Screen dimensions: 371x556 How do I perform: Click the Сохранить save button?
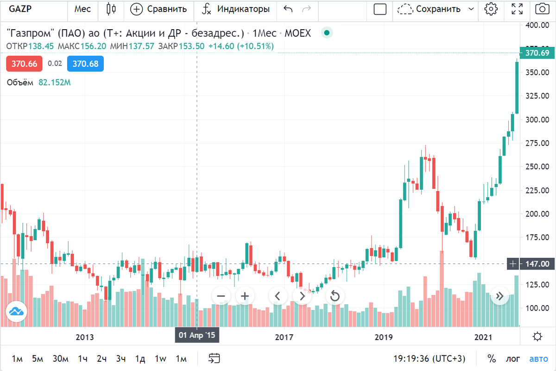tap(438, 9)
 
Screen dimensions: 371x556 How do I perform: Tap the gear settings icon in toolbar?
tap(491, 9)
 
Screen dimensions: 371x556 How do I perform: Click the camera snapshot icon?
tap(541, 9)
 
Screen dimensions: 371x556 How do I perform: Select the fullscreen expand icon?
tap(517, 9)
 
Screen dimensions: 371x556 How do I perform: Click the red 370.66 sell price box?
tap(24, 64)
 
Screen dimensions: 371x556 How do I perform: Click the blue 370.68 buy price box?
tap(85, 64)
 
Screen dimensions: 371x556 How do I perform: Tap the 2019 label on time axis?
tap(383, 337)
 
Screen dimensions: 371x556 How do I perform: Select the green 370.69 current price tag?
tap(537, 53)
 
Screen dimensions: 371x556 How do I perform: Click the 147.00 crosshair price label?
tap(537, 264)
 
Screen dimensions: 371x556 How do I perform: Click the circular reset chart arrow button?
tap(335, 296)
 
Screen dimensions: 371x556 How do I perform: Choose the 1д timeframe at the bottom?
tap(140, 358)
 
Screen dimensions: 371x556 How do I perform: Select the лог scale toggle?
tap(513, 358)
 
